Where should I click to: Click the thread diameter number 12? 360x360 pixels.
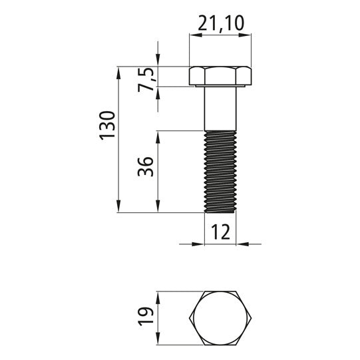[x=220, y=232]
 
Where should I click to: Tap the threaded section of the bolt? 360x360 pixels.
[x=220, y=171]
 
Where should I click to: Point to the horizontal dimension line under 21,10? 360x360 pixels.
[x=220, y=37]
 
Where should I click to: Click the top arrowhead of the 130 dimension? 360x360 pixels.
[x=118, y=71]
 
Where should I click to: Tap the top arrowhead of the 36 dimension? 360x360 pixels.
[x=158, y=134]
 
